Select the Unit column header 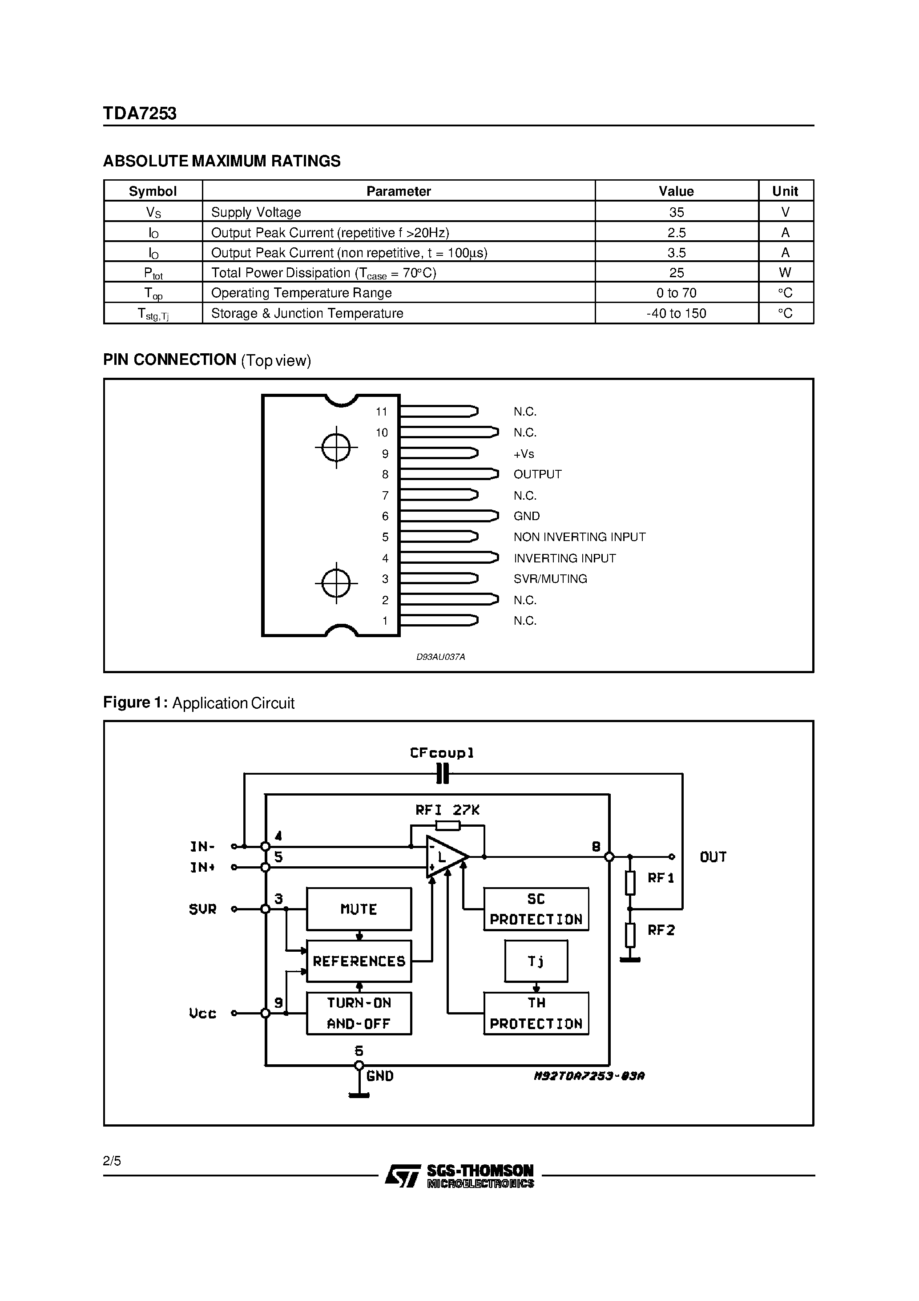coord(785,191)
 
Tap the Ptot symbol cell coord(153,273)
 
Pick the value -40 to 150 coord(676,313)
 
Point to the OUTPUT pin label coord(537,474)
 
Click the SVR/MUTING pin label coord(550,578)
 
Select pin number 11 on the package coord(381,412)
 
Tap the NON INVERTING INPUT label coord(579,537)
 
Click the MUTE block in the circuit coord(359,909)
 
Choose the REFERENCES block coord(359,961)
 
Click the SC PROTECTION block coord(536,909)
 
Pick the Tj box coord(536,961)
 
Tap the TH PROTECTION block coord(536,1013)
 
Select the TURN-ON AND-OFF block coord(359,1013)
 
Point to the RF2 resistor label coord(661,930)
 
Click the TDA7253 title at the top coord(140,114)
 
